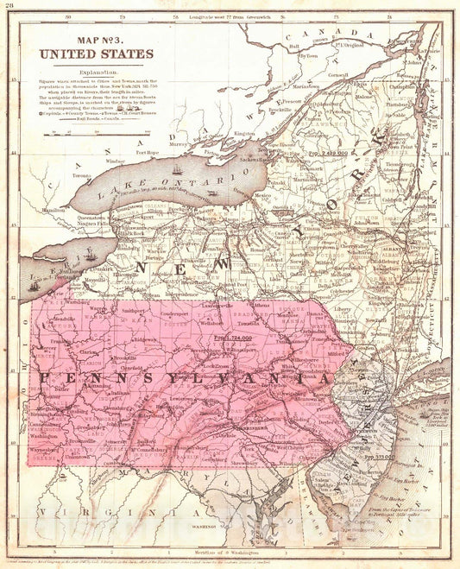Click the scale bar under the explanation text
pyautogui.click(x=73, y=133)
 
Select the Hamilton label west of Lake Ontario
pyautogui.click(x=54, y=210)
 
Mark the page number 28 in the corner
pyautogui.click(x=9, y=8)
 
